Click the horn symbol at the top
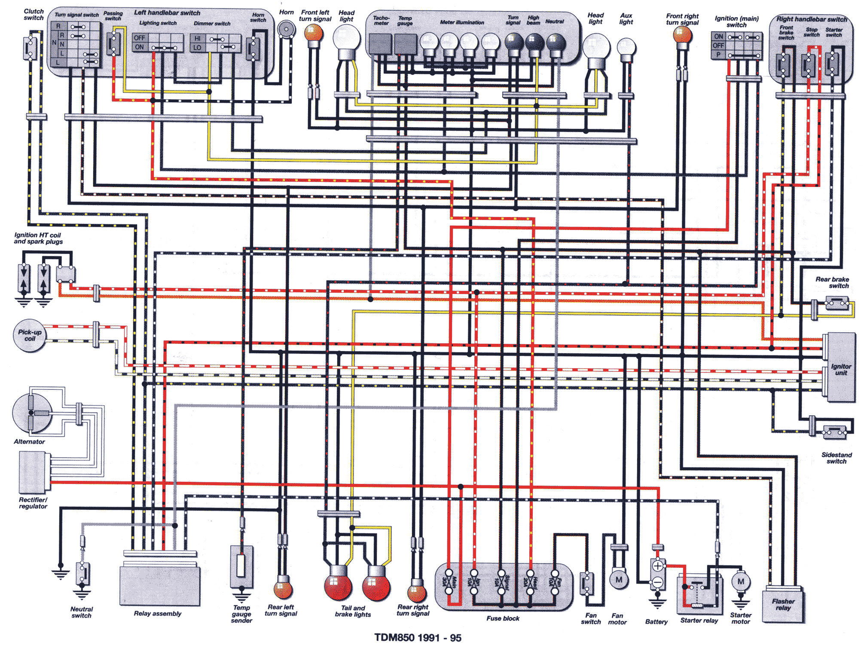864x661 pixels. tap(285, 30)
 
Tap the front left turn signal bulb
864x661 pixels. tap(314, 33)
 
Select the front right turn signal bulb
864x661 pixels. tap(682, 34)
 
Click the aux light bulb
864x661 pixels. tap(626, 47)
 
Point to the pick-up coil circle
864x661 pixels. tap(29, 336)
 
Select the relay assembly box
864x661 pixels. tap(160, 586)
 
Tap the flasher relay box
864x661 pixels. tap(783, 605)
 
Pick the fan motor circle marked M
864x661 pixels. tap(619, 580)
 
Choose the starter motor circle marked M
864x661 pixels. tap(741, 582)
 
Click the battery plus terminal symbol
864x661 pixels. tap(658, 566)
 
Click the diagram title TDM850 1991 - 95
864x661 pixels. tap(418, 638)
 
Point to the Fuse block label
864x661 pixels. tap(503, 618)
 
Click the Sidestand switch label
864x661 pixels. tap(836, 458)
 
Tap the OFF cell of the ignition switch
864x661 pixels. tap(718, 46)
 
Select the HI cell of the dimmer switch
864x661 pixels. tap(197, 39)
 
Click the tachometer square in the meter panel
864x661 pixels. tap(380, 44)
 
